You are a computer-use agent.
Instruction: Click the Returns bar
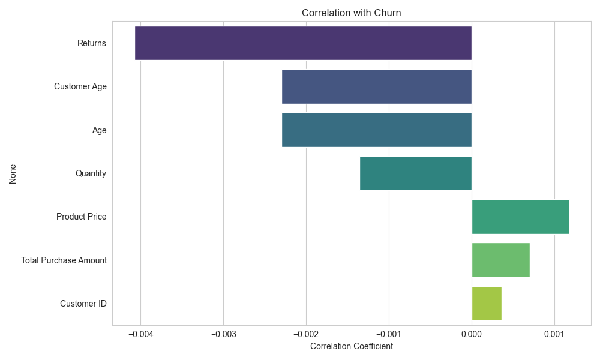click(x=303, y=43)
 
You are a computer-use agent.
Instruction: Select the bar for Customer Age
click(x=377, y=86)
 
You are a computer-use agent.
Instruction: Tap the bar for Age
click(x=377, y=130)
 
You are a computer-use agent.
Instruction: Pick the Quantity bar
click(x=416, y=173)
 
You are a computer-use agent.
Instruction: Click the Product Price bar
click(x=520, y=217)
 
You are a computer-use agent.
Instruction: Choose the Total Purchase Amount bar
click(x=500, y=260)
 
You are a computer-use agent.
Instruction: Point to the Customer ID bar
click(x=487, y=304)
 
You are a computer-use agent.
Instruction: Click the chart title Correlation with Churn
click(x=352, y=13)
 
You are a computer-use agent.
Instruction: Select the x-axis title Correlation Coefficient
click(x=352, y=346)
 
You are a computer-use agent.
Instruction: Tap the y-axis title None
click(x=13, y=173)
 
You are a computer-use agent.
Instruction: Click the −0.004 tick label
click(x=140, y=334)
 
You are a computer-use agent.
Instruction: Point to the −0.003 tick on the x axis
click(x=223, y=334)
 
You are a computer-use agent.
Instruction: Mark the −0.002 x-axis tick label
click(x=306, y=334)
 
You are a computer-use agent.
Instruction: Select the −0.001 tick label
click(x=389, y=334)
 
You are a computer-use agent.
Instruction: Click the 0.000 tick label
click(x=472, y=334)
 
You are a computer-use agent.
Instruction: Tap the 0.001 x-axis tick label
click(x=554, y=334)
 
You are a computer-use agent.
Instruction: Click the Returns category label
click(x=92, y=43)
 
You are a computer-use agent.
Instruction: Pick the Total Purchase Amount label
click(x=64, y=260)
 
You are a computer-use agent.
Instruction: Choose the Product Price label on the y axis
click(x=82, y=217)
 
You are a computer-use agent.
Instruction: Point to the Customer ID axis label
click(x=83, y=304)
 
